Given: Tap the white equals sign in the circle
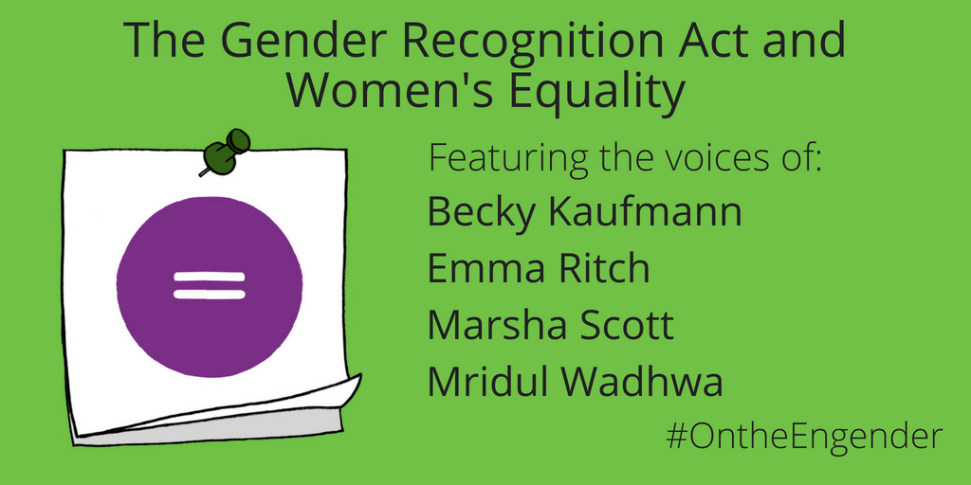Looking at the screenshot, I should point(210,285).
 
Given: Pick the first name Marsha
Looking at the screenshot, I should point(493,326).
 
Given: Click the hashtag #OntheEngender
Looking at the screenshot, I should point(805,437).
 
